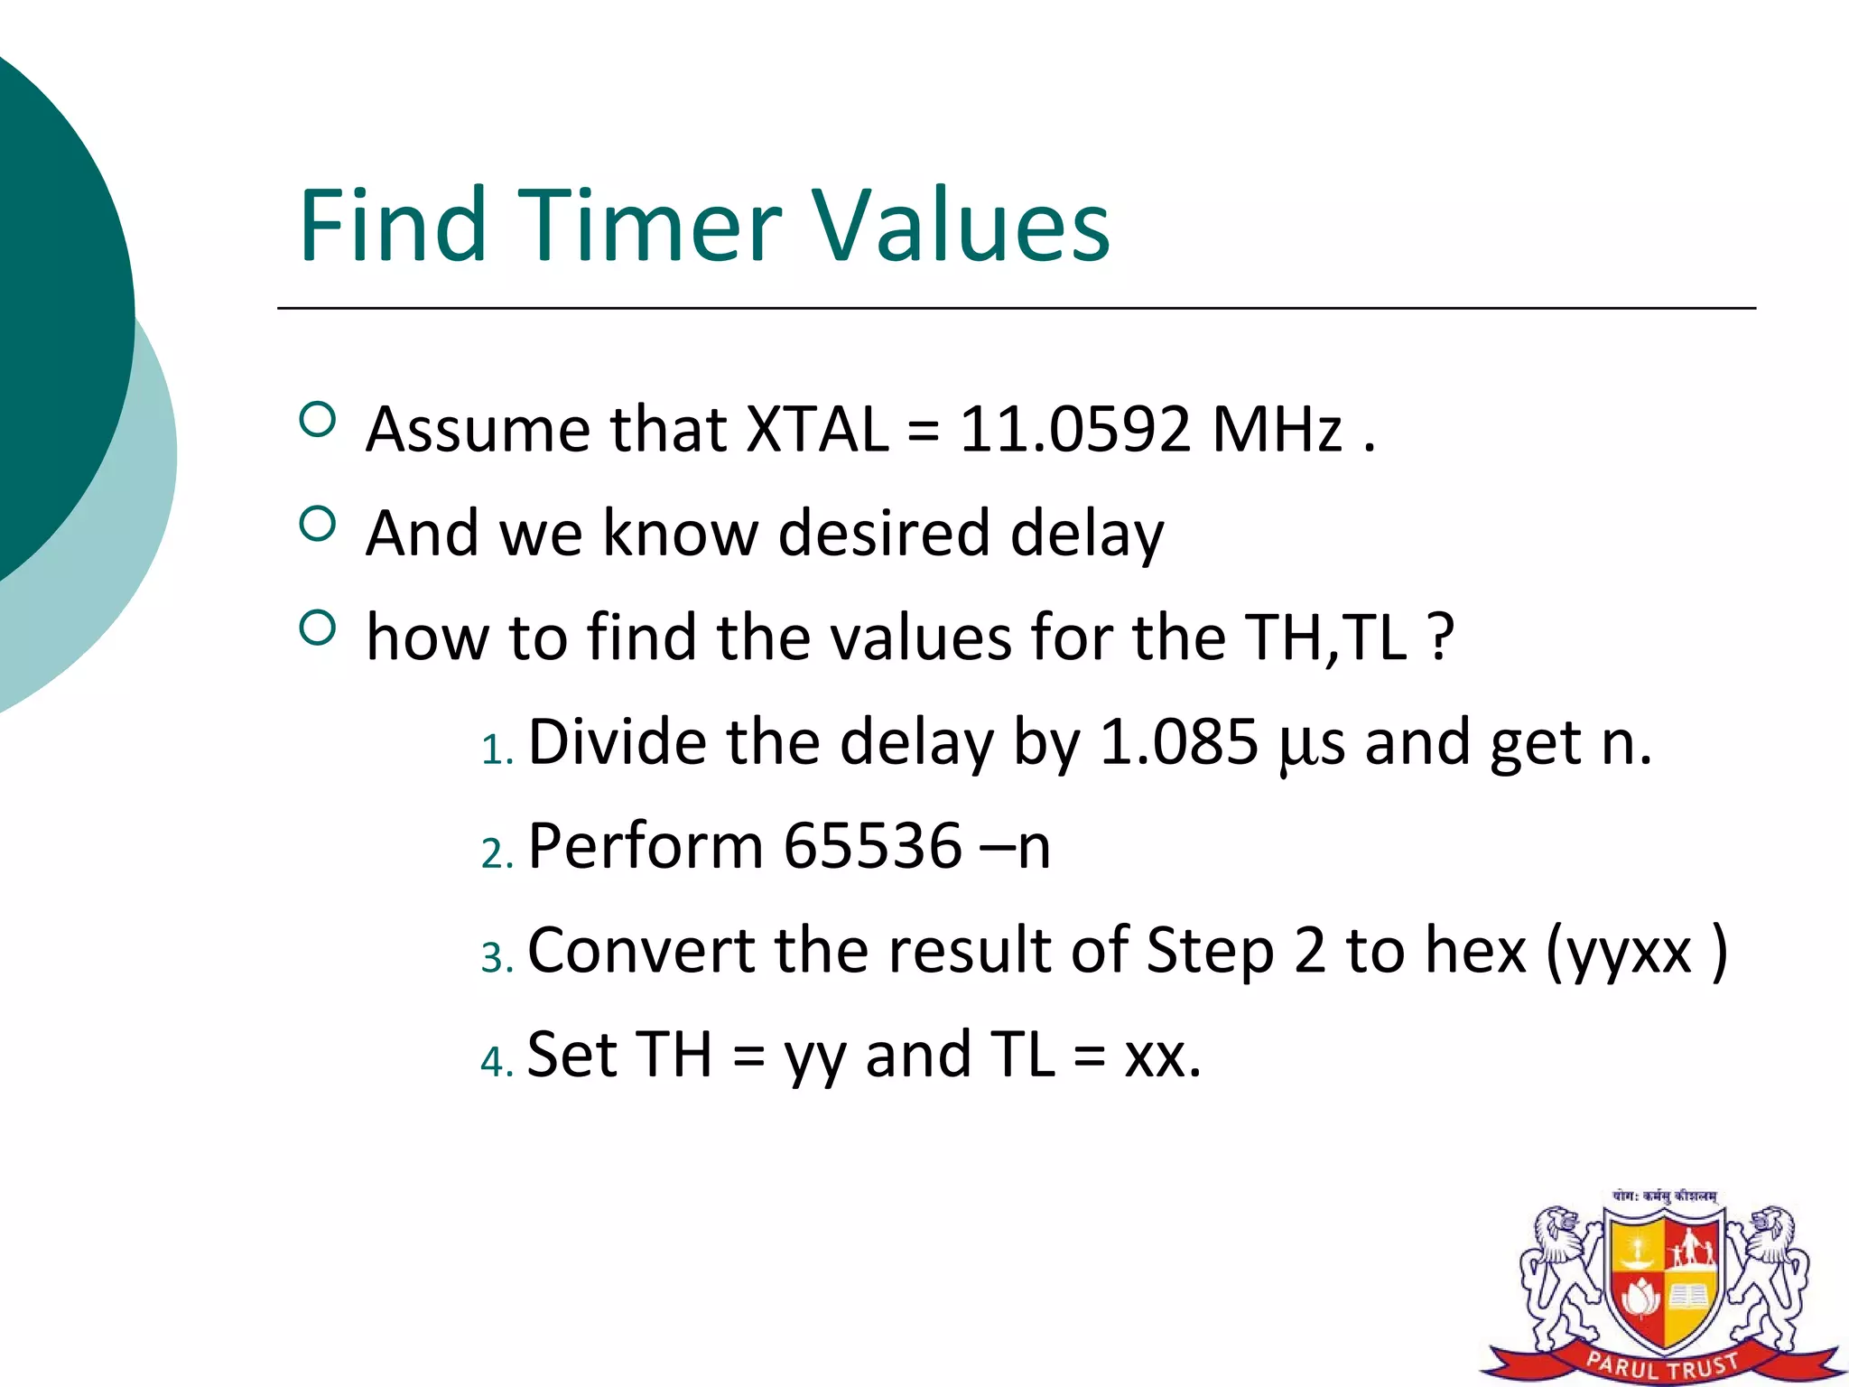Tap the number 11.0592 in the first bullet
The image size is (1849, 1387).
(x=1074, y=429)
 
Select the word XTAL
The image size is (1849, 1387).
(x=818, y=429)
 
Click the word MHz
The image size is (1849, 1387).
(x=1277, y=429)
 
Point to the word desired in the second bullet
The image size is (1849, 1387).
(x=883, y=533)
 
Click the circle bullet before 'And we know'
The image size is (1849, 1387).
(x=317, y=523)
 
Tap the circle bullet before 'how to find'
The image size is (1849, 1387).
(x=317, y=628)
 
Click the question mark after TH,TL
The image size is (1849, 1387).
(x=1442, y=638)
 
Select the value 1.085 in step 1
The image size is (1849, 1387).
(x=1178, y=742)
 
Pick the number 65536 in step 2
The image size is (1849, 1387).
(x=872, y=846)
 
